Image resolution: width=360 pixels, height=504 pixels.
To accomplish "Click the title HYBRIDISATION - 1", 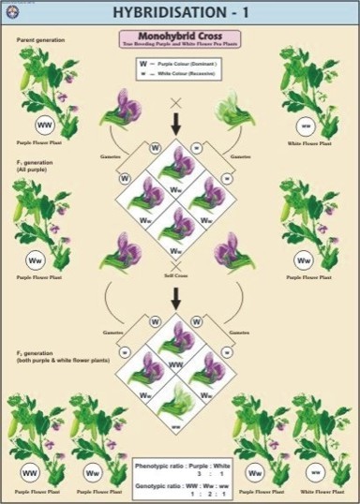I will (x=179, y=12).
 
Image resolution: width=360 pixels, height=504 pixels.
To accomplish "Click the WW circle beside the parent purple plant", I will (x=43, y=125).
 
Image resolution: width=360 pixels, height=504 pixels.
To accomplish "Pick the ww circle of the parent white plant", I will (x=305, y=126).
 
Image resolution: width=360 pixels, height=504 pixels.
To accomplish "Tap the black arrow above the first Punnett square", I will (x=175, y=122).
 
